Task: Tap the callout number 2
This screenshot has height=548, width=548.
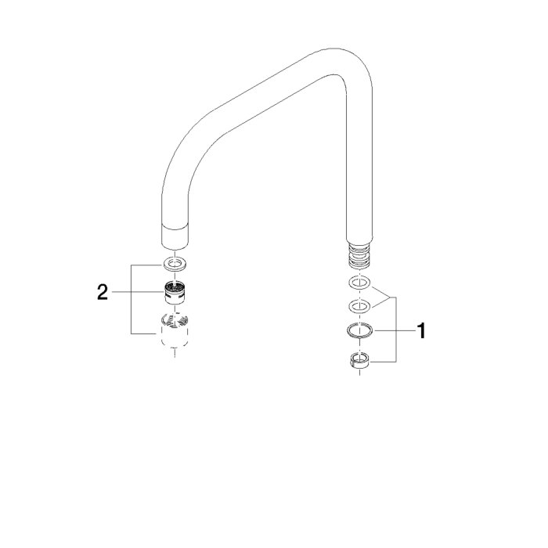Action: pyautogui.click(x=103, y=294)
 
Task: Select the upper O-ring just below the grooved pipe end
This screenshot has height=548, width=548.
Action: pyautogui.click(x=359, y=283)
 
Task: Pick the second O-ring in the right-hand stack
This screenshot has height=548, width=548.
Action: pyautogui.click(x=359, y=305)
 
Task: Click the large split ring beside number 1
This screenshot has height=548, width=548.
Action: pyautogui.click(x=359, y=332)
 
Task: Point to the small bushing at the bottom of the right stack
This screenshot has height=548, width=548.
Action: pyautogui.click(x=359, y=361)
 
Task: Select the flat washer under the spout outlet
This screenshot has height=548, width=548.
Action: pyautogui.click(x=176, y=263)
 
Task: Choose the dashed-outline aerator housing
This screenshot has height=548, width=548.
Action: pyautogui.click(x=176, y=329)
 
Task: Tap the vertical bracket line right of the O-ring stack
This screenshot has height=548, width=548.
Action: pyautogui.click(x=395, y=329)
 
